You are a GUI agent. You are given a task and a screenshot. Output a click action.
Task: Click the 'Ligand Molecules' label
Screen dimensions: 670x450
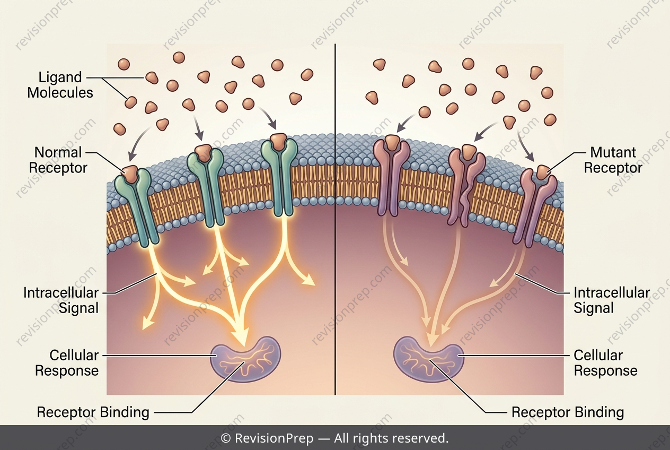coord(60,85)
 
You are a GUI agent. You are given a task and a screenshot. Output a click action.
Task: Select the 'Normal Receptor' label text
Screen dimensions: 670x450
coord(58,160)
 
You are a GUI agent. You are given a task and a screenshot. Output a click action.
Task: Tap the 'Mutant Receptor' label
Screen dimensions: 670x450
coord(613,160)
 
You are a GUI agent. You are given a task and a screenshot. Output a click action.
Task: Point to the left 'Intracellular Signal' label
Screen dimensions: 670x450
coord(61,300)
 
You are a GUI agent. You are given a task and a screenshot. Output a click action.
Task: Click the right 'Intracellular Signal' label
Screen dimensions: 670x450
coord(612,300)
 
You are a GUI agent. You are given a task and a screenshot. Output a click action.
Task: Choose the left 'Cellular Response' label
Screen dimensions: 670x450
coord(67,363)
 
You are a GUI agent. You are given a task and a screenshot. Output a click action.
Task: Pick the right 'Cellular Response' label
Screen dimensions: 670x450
coord(605,363)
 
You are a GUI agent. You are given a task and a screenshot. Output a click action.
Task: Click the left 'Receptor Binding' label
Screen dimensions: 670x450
coord(93,412)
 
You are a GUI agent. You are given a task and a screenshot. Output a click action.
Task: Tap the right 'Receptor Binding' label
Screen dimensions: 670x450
coord(568,412)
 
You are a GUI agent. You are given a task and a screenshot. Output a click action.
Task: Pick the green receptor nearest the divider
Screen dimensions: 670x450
coord(280,177)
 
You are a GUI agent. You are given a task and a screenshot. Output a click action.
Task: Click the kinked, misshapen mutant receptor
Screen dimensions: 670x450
coord(466,188)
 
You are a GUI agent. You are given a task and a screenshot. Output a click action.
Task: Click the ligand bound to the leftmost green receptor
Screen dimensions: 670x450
coord(130,174)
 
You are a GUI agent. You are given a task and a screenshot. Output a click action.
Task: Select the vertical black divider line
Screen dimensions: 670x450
coord(336,219)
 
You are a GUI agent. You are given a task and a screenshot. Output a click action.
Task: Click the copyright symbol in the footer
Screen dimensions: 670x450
coord(225,438)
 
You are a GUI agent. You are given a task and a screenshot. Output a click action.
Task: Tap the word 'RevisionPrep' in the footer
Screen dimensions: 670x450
coord(274,438)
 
